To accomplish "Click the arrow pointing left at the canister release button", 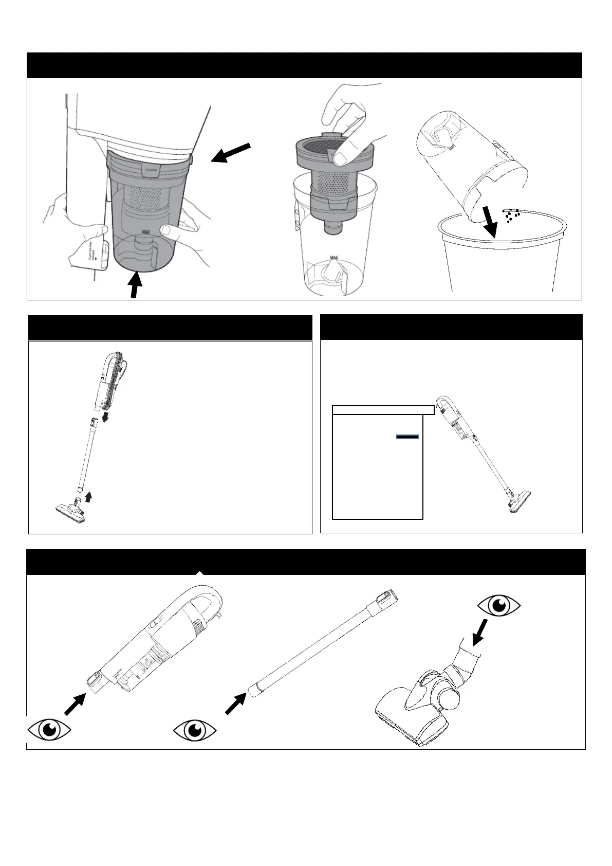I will click(232, 153).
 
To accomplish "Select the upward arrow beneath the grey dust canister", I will click(135, 285).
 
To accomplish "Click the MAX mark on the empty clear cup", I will click(335, 257).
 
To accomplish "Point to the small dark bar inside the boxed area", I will click(407, 437).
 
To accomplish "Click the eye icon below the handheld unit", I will click(49, 729).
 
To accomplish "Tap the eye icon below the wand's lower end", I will click(194, 730).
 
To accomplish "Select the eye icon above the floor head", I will click(498, 607).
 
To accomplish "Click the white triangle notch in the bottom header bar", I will click(200, 572).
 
